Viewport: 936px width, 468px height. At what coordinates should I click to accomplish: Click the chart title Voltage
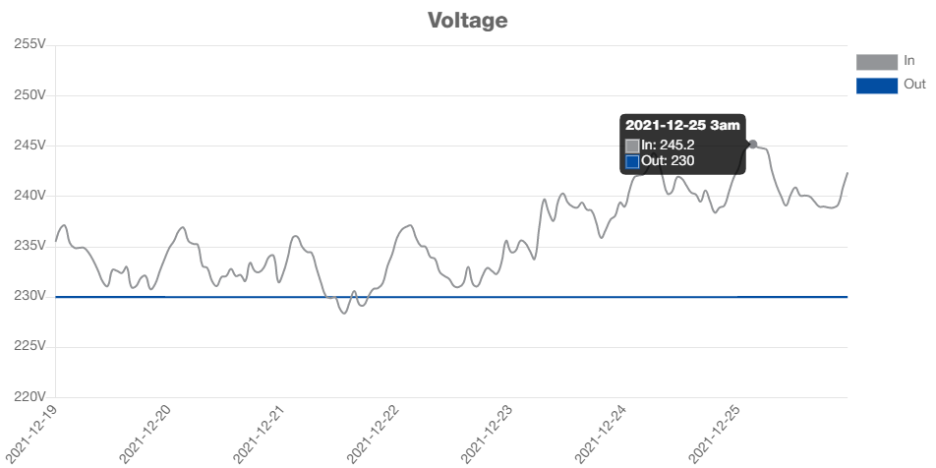[x=468, y=20]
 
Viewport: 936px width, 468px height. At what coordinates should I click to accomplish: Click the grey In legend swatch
[x=877, y=61]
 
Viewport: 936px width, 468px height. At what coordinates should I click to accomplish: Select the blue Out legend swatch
[x=877, y=86]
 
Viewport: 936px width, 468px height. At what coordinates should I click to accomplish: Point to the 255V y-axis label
[x=30, y=44]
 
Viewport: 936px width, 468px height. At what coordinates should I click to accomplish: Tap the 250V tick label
[x=30, y=94]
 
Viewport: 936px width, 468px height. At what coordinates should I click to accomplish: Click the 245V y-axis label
[x=30, y=145]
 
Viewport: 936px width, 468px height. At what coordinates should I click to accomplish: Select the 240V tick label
[x=30, y=195]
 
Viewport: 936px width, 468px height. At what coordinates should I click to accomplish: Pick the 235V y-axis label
[x=30, y=245]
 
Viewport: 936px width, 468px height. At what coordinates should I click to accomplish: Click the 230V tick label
[x=30, y=295]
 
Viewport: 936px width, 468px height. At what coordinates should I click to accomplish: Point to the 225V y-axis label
[x=30, y=345]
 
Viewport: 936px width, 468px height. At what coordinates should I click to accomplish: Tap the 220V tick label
[x=30, y=395]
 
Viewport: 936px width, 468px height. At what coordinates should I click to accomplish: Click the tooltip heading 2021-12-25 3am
[x=682, y=125]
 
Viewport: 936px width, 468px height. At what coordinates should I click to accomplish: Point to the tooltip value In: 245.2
[x=668, y=145]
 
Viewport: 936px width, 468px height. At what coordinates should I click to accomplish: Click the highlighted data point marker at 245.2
[x=753, y=145]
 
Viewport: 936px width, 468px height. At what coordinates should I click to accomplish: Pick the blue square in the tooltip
[x=632, y=161]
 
